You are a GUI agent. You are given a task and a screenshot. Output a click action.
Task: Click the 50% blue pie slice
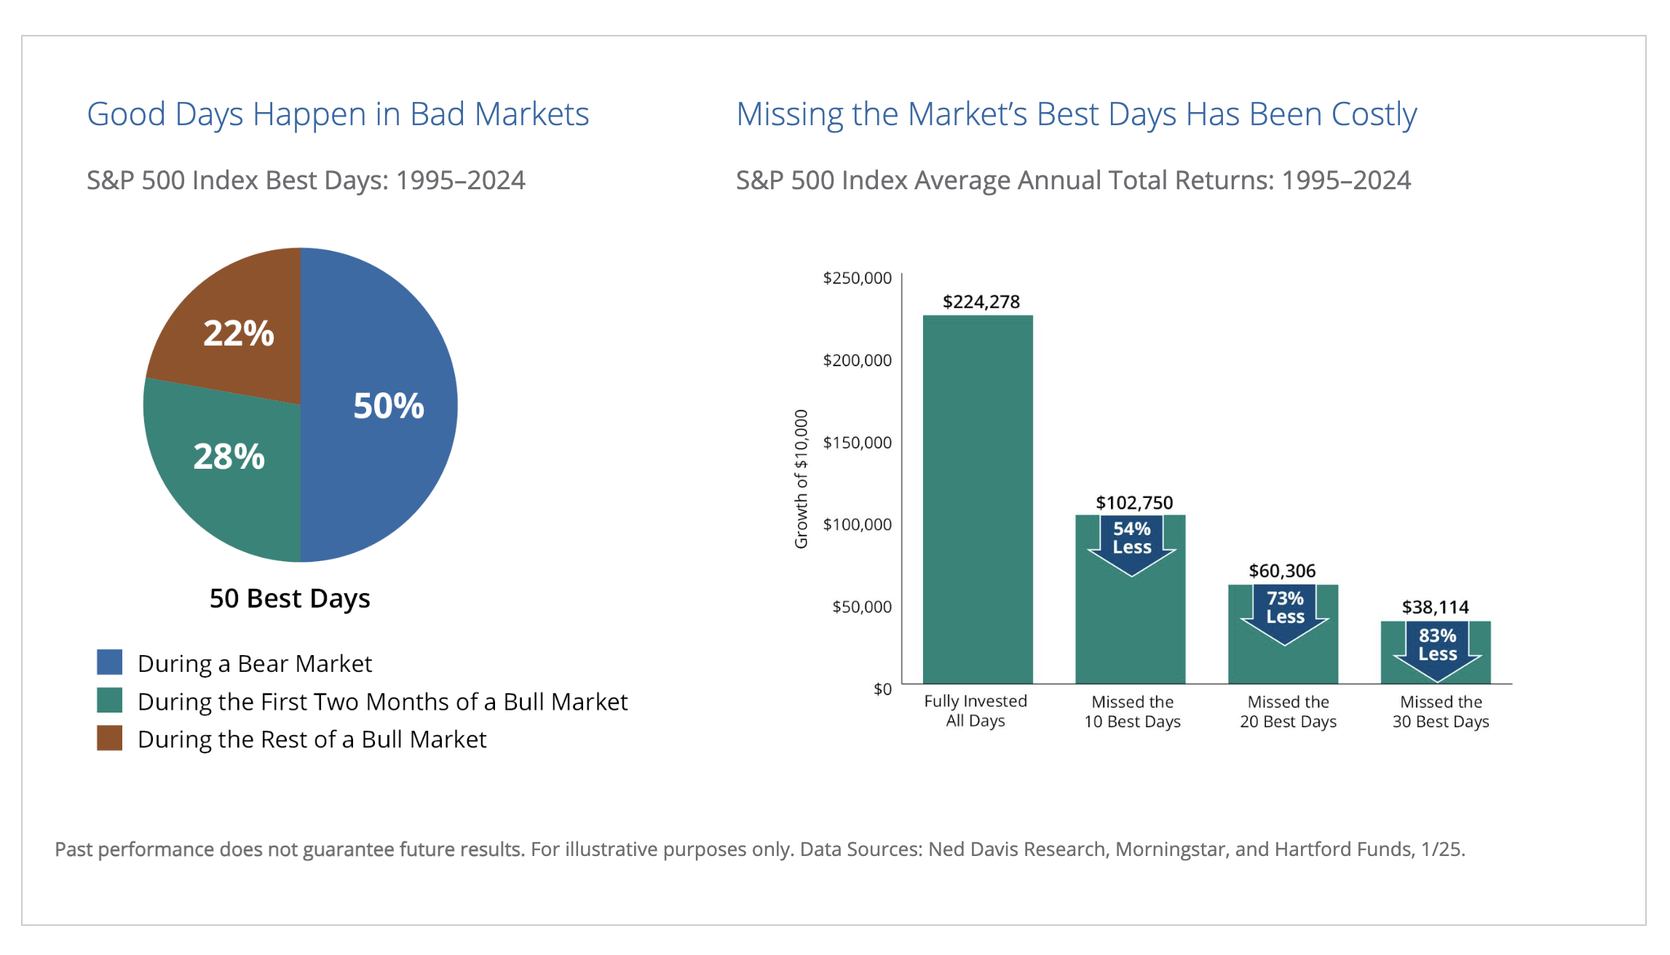379,405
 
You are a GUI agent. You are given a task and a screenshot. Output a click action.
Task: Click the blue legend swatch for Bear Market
110,662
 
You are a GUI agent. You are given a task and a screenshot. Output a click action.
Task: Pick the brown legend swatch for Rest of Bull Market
110,738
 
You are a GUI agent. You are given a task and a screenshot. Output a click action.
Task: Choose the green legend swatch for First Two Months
110,700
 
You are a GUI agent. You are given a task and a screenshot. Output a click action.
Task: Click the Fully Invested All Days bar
978,499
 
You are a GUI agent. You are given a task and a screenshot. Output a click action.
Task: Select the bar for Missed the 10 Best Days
1131,600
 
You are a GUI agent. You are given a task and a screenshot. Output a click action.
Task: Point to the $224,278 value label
981,301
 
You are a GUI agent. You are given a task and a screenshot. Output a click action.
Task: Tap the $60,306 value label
1283,571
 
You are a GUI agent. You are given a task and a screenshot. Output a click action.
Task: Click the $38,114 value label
1436,607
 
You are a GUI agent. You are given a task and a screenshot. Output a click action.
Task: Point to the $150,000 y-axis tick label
857,443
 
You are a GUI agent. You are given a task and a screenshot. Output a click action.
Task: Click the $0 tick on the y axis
882,689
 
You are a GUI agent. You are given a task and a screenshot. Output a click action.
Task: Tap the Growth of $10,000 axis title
802,479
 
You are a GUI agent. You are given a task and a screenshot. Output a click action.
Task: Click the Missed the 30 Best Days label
1441,712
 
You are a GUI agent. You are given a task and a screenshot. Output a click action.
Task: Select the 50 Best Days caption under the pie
290,598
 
